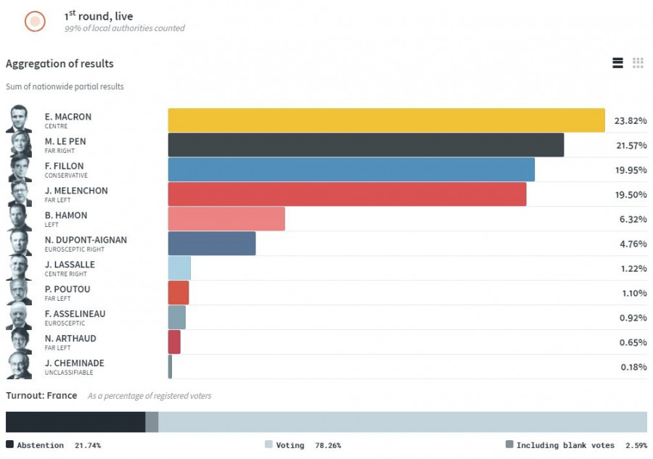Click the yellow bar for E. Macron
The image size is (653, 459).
point(386,120)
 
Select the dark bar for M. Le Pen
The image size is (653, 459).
point(366,145)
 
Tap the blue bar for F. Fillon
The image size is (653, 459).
point(351,170)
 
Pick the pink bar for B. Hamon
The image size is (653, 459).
point(226,219)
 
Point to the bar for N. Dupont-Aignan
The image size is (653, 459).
point(212,244)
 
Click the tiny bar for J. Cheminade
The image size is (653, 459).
point(170,367)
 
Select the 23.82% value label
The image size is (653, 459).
point(631,121)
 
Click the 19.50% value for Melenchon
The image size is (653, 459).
point(631,195)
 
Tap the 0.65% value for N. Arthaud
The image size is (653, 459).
point(633,342)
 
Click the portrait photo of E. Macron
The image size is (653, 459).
point(19,119)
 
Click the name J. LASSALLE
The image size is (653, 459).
point(70,265)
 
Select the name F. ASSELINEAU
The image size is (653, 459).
point(75,314)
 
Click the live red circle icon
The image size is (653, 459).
point(35,22)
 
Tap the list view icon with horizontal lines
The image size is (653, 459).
point(617,63)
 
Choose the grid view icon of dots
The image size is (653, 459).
point(638,63)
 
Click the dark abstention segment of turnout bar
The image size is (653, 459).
point(75,422)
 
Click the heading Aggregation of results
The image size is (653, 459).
point(59,64)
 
